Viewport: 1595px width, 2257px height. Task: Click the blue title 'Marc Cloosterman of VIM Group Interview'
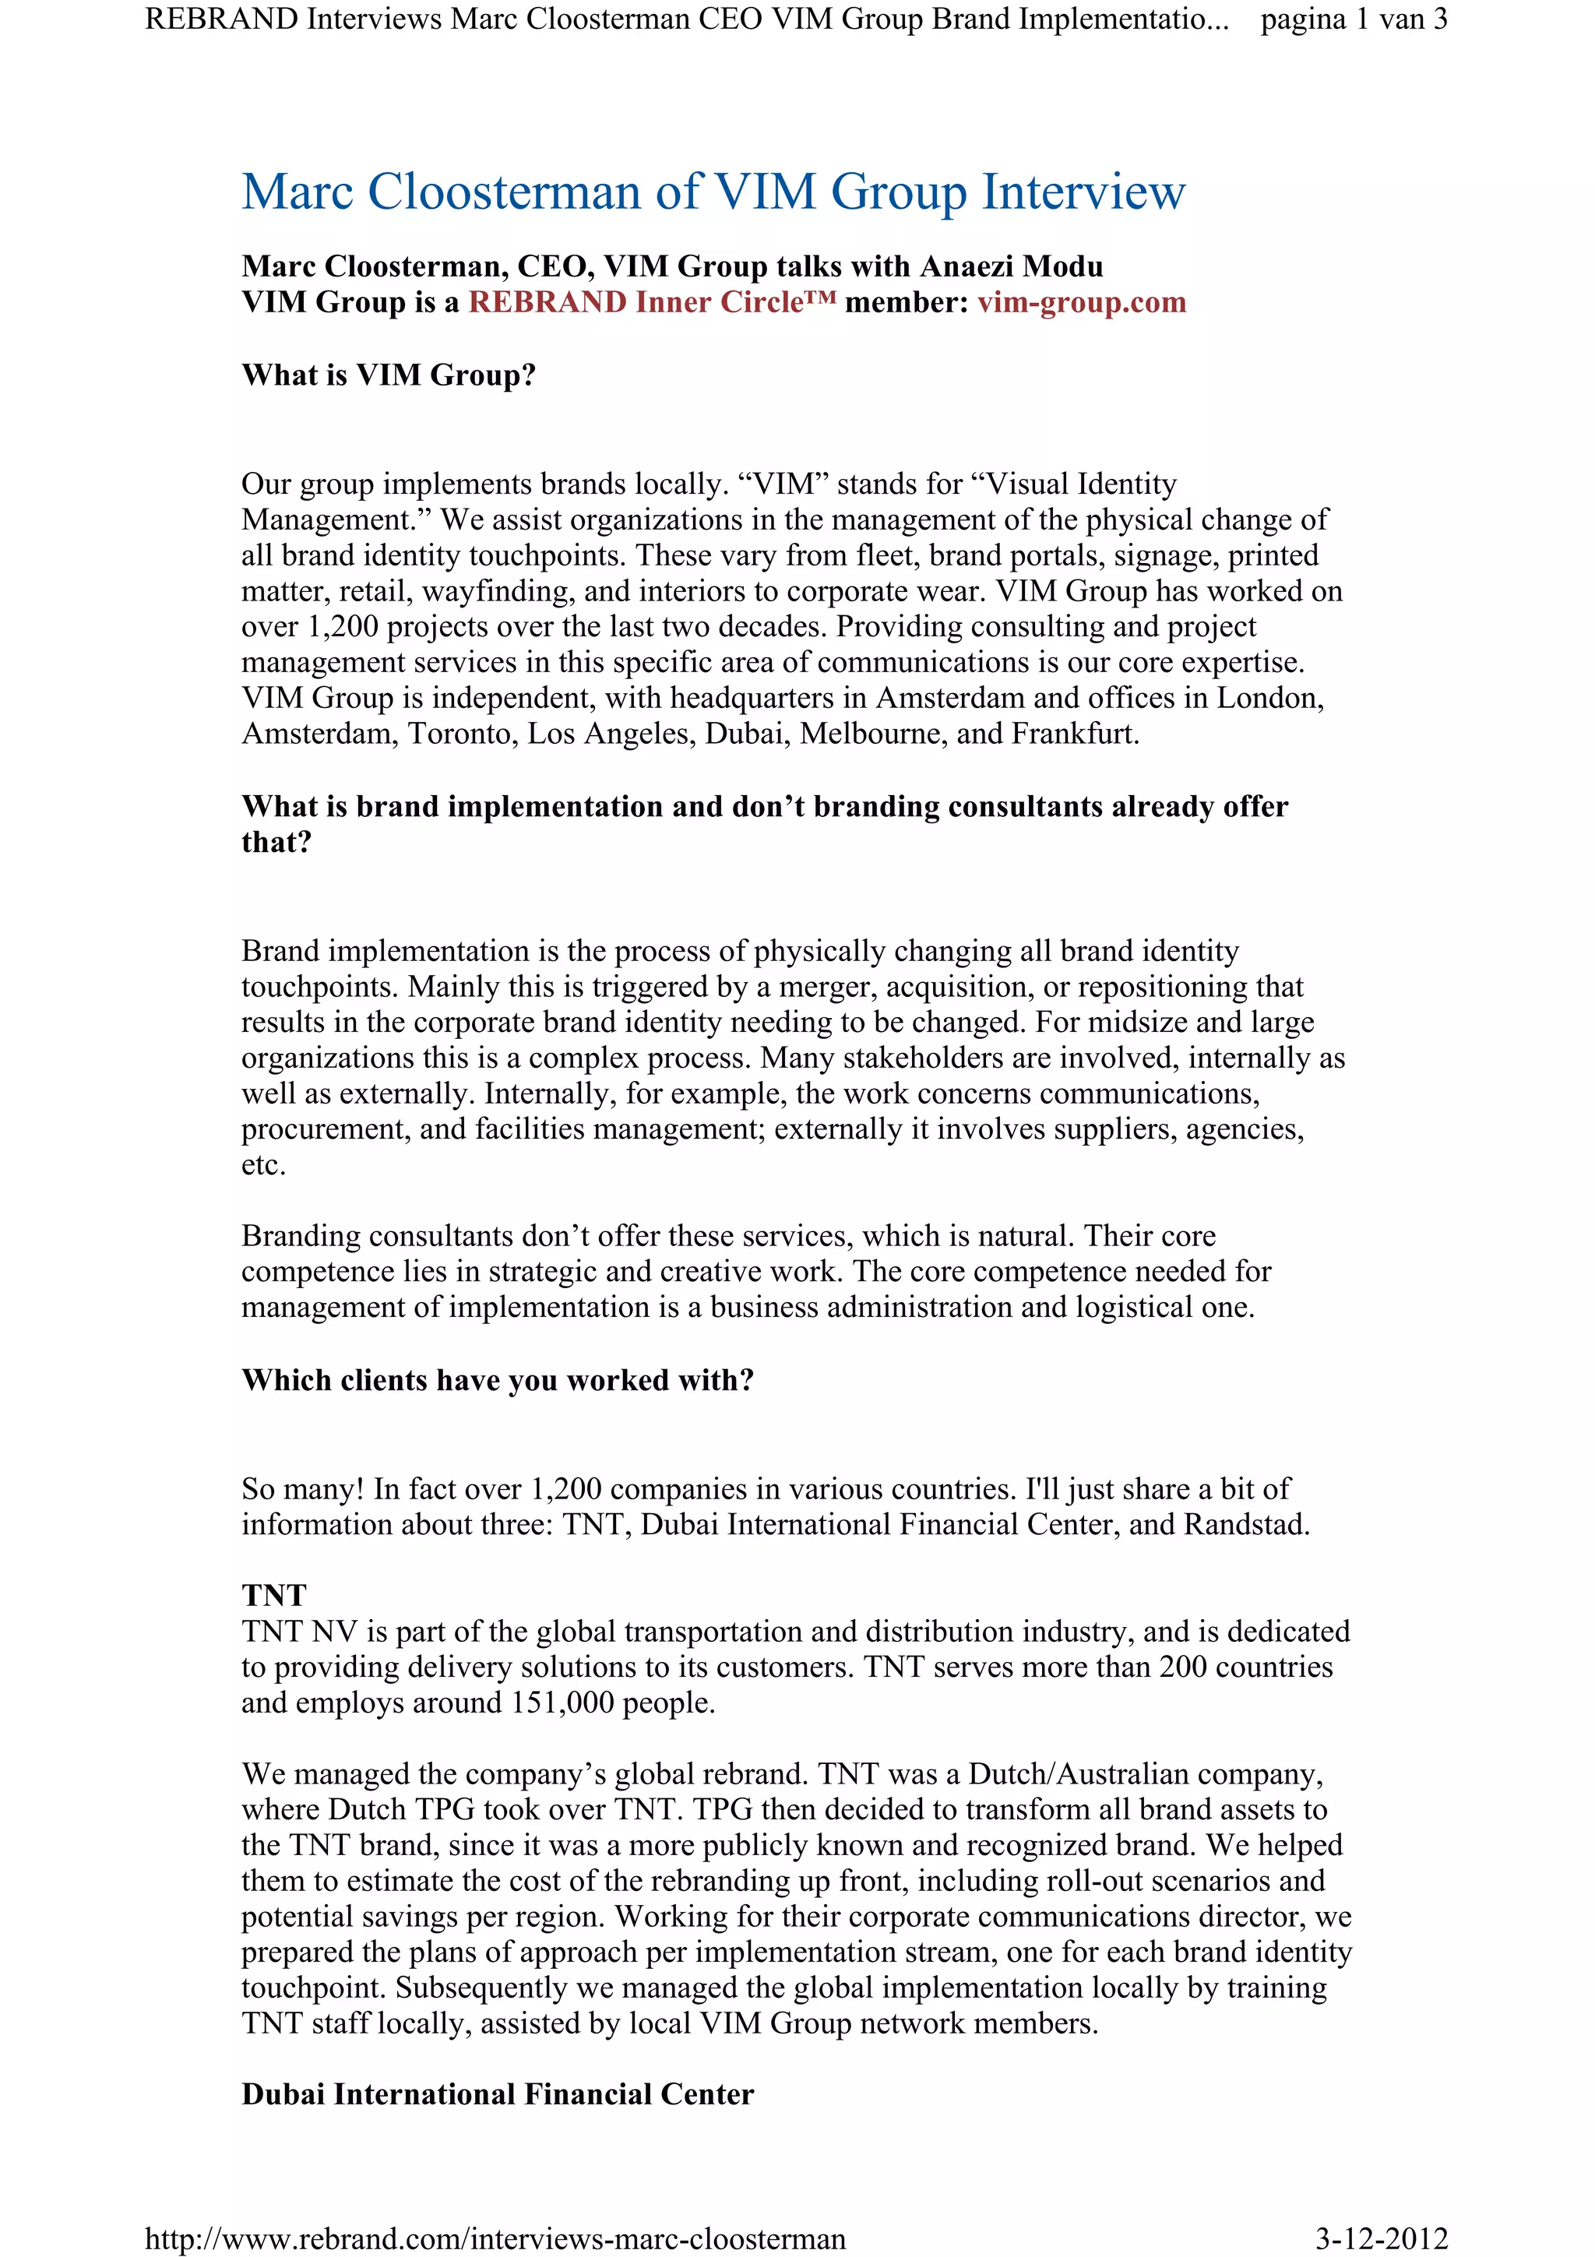coord(713,192)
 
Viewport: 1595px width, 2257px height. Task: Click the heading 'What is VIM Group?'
coord(388,375)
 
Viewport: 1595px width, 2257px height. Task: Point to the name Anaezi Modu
coord(1010,266)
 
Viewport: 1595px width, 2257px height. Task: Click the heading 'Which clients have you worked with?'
coord(498,1380)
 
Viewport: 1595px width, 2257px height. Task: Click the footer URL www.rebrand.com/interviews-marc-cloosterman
coord(495,2239)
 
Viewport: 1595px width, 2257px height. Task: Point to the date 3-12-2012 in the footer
coord(1381,2239)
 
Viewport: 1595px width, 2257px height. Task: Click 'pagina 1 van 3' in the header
coord(1354,19)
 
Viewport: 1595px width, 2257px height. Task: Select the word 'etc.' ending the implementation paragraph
coord(263,1166)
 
